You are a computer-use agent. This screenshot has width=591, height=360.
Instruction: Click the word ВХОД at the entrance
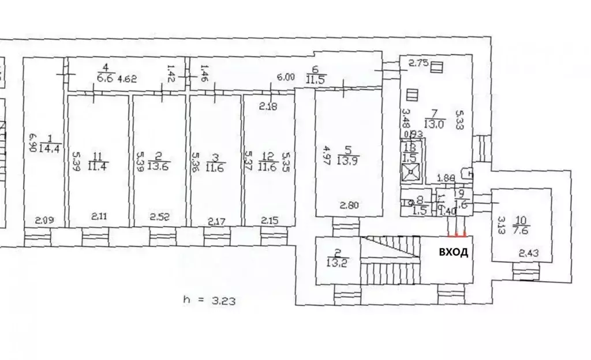(454, 252)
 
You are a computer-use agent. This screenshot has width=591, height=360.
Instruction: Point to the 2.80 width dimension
(349, 204)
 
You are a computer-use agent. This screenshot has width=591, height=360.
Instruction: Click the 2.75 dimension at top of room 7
(418, 64)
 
